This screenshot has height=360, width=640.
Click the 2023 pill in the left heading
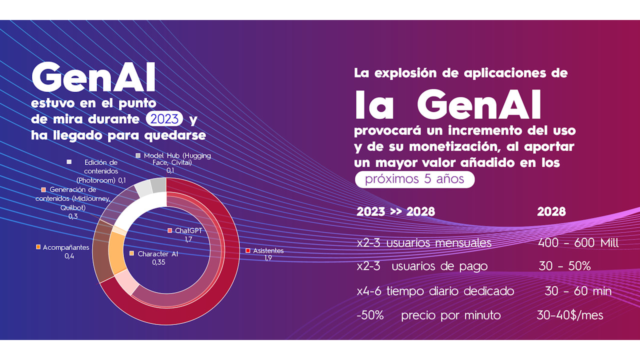[x=164, y=119]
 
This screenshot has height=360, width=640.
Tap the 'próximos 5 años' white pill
[x=414, y=179]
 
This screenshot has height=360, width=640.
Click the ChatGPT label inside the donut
[x=188, y=230]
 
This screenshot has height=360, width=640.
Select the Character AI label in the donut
[x=157, y=254]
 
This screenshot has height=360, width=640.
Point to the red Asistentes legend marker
[x=248, y=250]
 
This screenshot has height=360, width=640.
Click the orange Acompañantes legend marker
[x=38, y=247]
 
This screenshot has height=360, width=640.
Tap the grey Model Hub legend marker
[x=138, y=155]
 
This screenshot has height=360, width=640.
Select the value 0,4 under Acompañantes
[x=69, y=256]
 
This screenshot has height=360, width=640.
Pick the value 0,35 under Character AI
[x=159, y=262]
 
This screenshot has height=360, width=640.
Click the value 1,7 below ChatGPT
[x=188, y=239]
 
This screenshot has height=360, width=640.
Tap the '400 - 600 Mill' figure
[x=578, y=243]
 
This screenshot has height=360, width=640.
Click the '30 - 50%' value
[x=564, y=266]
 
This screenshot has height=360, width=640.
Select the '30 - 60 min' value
[x=577, y=291]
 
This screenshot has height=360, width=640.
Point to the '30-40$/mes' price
[x=569, y=315]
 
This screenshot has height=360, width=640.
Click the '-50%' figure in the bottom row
[x=370, y=315]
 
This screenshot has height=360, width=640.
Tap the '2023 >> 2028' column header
[x=395, y=211]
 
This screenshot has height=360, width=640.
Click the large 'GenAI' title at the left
[x=93, y=78]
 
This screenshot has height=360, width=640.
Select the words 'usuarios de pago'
[x=439, y=266]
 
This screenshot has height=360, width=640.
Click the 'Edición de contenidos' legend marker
[x=69, y=162]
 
